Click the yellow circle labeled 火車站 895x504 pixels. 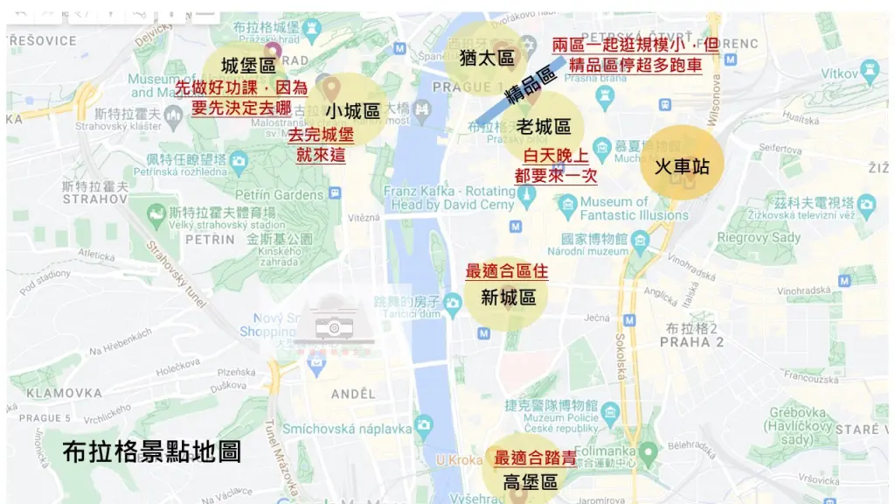(x=683, y=166)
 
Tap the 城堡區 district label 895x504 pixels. (x=249, y=66)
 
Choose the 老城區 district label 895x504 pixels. (x=543, y=128)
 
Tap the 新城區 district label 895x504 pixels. (x=509, y=297)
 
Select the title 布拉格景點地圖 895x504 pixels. (x=152, y=451)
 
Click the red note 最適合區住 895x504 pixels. (x=507, y=271)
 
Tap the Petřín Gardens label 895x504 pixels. (x=280, y=194)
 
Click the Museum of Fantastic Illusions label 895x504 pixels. (x=634, y=208)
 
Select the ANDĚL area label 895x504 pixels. (x=353, y=395)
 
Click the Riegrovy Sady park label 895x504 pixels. (x=759, y=238)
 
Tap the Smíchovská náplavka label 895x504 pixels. (x=346, y=429)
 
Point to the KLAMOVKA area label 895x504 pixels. (x=64, y=393)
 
